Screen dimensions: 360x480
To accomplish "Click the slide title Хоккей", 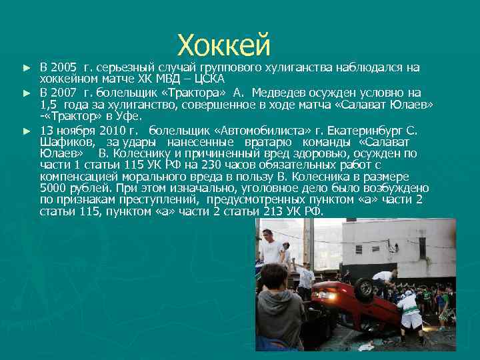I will point(224,45).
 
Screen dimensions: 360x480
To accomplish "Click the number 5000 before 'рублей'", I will point(53,188).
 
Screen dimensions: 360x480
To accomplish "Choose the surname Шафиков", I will point(67,142).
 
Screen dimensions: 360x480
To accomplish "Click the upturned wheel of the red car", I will point(364,290).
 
